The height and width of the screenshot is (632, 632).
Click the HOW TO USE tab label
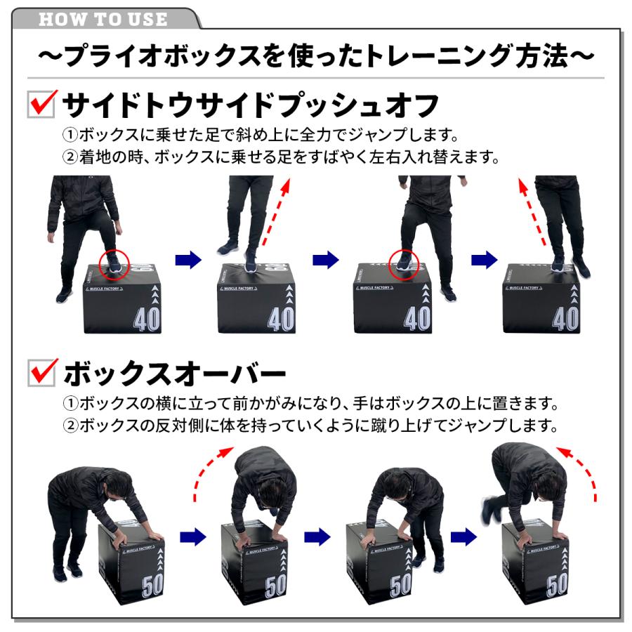pos(104,18)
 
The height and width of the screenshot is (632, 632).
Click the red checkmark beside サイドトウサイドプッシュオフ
pos(42,104)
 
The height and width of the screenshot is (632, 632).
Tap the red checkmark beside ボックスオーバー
pos(42,372)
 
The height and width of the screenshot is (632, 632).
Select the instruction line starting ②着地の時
pos(281,157)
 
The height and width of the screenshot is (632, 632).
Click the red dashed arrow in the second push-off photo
pos(277,214)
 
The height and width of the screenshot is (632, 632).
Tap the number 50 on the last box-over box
pos(556,584)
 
